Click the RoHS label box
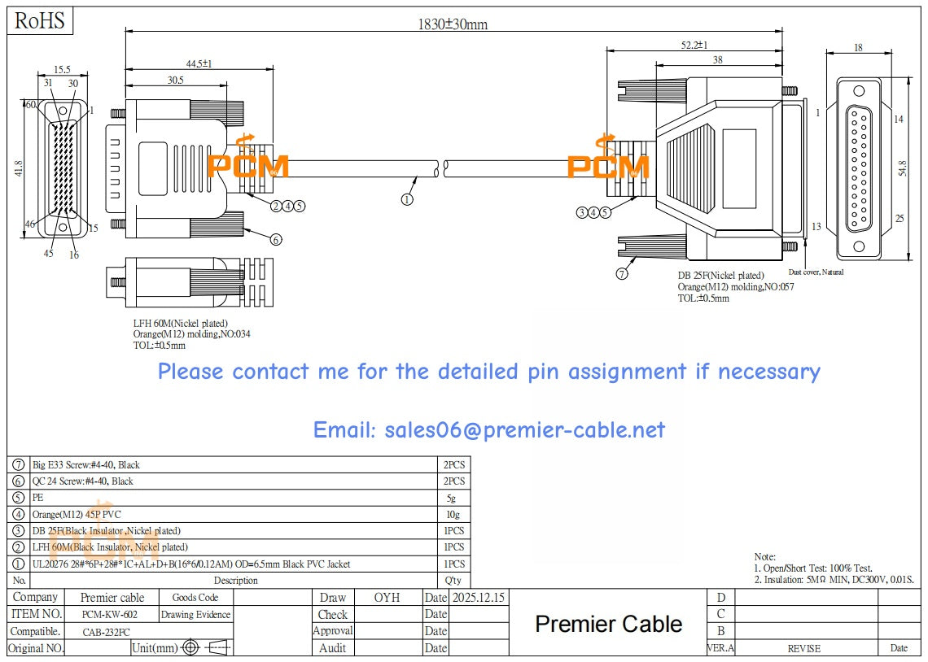point(40,20)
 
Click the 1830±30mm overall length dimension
point(453,24)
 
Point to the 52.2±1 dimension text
point(694,45)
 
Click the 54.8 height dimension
point(901,169)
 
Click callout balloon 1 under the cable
point(407,198)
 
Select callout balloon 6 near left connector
point(276,239)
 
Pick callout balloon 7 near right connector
point(622,274)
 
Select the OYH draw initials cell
point(387,598)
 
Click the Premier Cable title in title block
point(608,624)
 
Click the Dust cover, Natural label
point(816,272)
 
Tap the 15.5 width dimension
point(62,71)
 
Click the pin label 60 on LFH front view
point(30,105)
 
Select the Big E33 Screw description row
point(85,465)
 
